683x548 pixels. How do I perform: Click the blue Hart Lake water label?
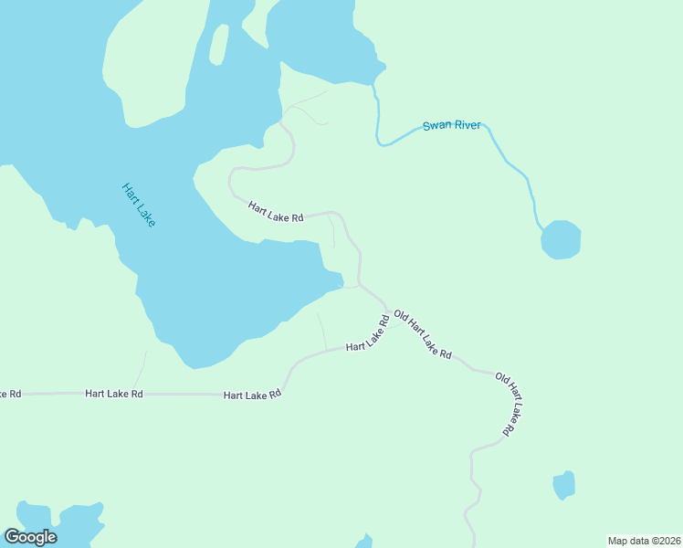coord(139,205)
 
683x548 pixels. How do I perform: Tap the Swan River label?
coord(451,126)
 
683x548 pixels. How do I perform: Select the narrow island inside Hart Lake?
coord(219,45)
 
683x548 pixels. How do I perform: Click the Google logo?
coord(30,537)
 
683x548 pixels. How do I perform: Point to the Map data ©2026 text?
coord(644,540)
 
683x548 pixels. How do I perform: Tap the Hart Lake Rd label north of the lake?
coord(275,213)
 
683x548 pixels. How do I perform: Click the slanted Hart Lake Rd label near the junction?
coord(368,333)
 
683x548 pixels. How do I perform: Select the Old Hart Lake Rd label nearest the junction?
coord(423,334)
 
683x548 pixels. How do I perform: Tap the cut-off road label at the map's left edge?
coord(10,394)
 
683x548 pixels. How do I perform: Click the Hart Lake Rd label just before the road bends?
coord(252,395)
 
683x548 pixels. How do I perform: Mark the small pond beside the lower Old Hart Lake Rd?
coord(564,485)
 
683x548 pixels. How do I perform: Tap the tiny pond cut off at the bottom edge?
coord(364,542)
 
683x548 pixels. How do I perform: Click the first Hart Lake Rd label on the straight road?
coord(114,394)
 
